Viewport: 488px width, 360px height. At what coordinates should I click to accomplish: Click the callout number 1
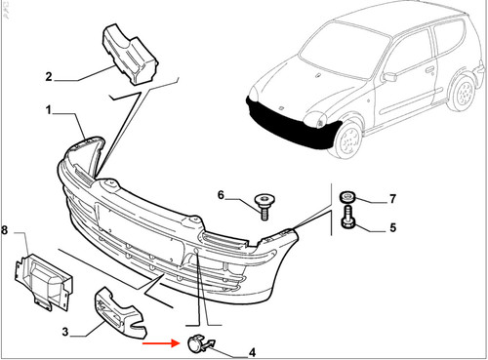pyautogui.click(x=49, y=110)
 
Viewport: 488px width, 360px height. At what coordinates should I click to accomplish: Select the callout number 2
pyautogui.click(x=49, y=77)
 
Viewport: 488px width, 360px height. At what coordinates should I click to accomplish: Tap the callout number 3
pyautogui.click(x=65, y=332)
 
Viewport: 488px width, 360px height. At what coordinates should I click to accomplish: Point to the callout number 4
pyautogui.click(x=252, y=352)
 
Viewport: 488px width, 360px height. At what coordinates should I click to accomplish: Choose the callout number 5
pyautogui.click(x=393, y=227)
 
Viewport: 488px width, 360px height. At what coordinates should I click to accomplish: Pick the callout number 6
pyautogui.click(x=221, y=195)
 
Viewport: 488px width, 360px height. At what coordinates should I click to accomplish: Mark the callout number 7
pyautogui.click(x=393, y=198)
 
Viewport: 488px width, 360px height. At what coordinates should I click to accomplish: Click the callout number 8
pyautogui.click(x=4, y=230)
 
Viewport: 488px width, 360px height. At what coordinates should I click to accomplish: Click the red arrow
pyautogui.click(x=161, y=342)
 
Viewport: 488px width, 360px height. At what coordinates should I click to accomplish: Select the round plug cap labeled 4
pyautogui.click(x=199, y=343)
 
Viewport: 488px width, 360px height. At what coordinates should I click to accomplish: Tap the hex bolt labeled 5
pyautogui.click(x=347, y=217)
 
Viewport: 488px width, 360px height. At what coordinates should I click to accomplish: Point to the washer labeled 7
pyautogui.click(x=347, y=197)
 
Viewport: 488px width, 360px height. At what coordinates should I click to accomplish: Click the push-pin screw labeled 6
pyautogui.click(x=264, y=206)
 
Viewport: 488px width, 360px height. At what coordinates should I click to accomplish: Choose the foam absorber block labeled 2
pyautogui.click(x=130, y=54)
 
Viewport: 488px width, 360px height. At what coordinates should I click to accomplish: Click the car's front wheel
pyautogui.click(x=347, y=141)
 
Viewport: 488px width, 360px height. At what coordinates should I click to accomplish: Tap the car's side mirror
pyautogui.click(x=389, y=77)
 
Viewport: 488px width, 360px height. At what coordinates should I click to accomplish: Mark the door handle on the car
pyautogui.click(x=429, y=69)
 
